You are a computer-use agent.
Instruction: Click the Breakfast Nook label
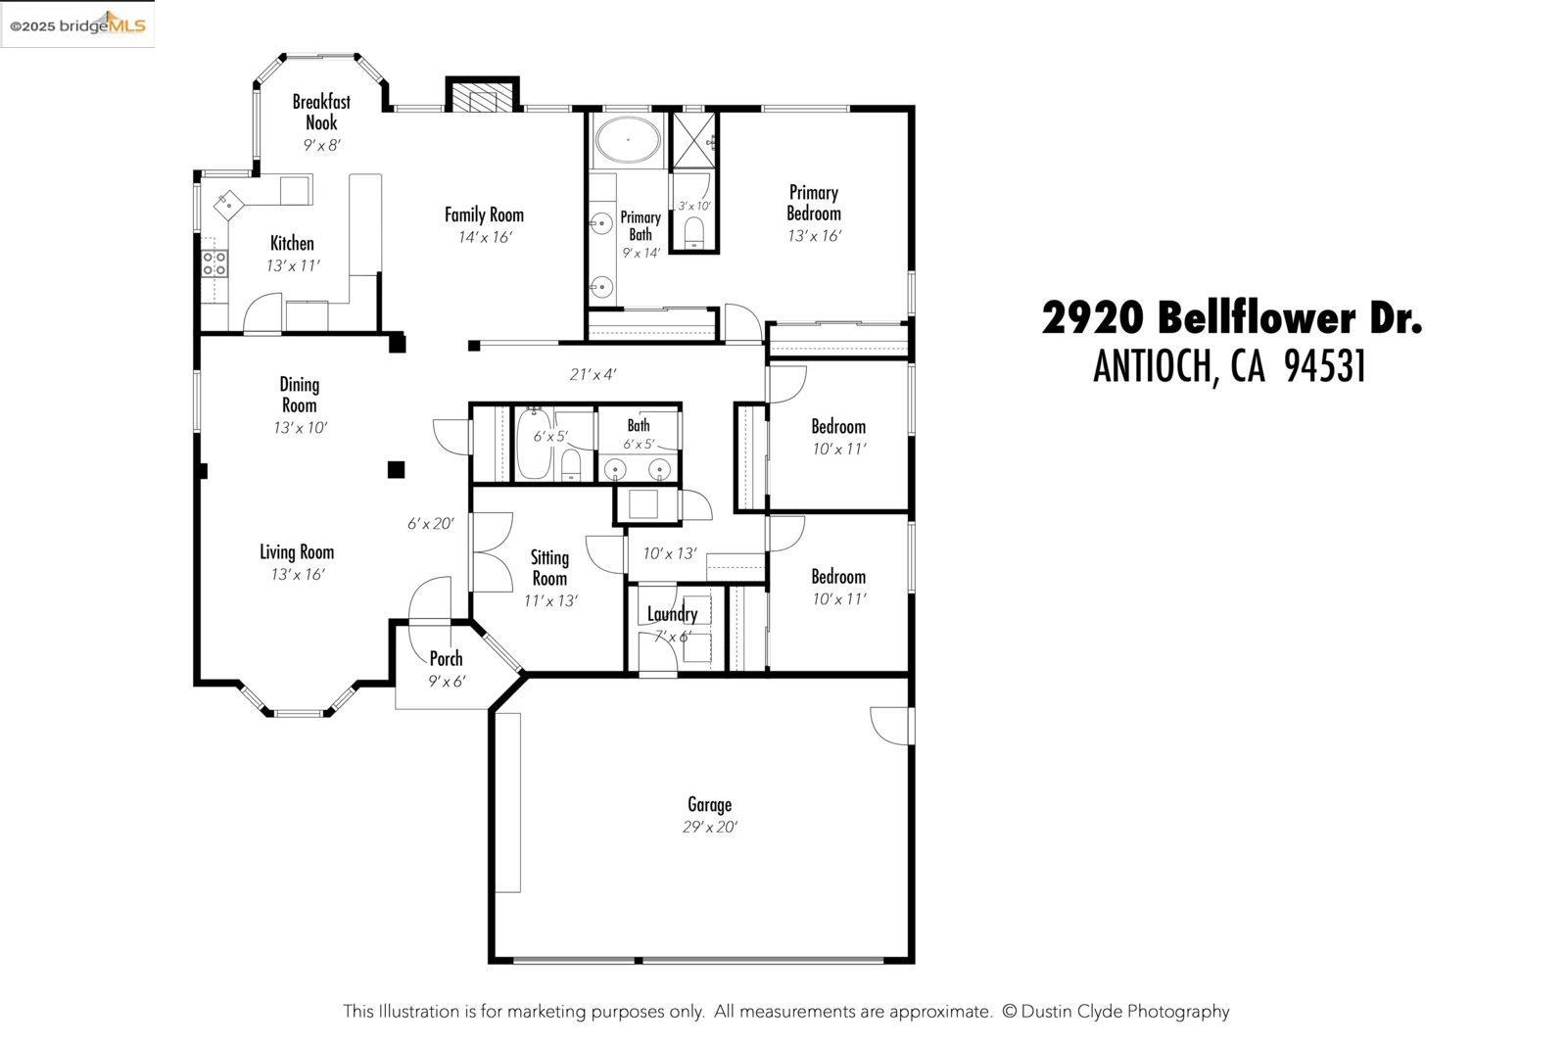pyautogui.click(x=321, y=112)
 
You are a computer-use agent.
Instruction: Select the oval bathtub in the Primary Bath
pyautogui.click(x=628, y=140)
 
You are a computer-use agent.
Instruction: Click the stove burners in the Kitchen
pyautogui.click(x=214, y=262)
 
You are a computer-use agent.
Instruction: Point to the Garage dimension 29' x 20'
pyautogui.click(x=709, y=828)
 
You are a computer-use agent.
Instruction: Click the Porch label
pyautogui.click(x=446, y=659)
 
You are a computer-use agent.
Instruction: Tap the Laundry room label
pyautogui.click(x=672, y=615)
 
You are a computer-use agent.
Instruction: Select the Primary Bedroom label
pyautogui.click(x=813, y=203)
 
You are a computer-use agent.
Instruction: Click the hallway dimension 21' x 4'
pyautogui.click(x=593, y=374)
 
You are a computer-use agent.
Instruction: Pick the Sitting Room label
pyautogui.click(x=549, y=567)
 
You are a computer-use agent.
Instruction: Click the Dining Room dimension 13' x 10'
pyautogui.click(x=300, y=428)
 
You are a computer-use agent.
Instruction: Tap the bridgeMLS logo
pyautogui.click(x=77, y=24)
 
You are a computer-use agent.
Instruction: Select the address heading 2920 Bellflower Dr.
pyautogui.click(x=1231, y=318)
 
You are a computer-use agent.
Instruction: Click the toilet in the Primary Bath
pyautogui.click(x=693, y=231)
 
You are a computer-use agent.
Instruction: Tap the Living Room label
pyautogui.click(x=297, y=552)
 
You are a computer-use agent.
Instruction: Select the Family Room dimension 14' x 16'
pyautogui.click(x=484, y=237)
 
